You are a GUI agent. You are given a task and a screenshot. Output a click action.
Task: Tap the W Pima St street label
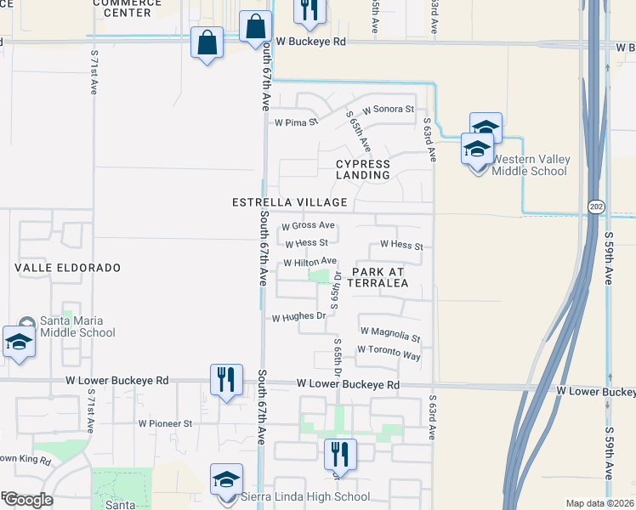coord(294,122)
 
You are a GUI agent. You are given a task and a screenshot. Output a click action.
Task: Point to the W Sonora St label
coord(388,110)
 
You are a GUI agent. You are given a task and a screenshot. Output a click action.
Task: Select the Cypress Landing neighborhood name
coord(363,169)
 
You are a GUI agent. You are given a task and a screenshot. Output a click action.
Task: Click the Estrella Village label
coord(290,202)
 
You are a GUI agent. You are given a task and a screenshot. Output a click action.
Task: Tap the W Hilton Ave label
coord(310,262)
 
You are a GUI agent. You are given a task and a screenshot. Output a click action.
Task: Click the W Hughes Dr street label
coord(298,317)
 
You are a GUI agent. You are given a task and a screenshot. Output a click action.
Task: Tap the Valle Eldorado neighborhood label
coord(67,267)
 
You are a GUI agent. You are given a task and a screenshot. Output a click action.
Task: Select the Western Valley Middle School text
coord(529,165)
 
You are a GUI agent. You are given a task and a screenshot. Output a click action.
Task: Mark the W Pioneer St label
coord(165,422)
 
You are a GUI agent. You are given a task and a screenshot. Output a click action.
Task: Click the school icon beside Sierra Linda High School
coord(227,480)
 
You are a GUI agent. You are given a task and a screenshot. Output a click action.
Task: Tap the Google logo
coord(28,499)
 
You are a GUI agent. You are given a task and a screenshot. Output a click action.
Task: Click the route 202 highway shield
coord(593,207)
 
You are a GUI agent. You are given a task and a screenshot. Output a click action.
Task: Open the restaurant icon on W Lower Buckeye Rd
coord(225,378)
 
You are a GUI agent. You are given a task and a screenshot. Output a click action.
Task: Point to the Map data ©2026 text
coord(599,503)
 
